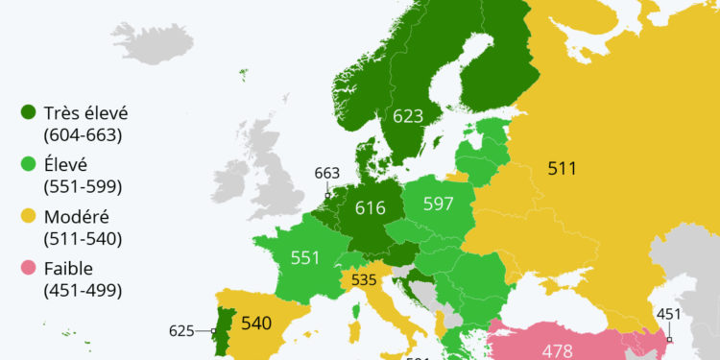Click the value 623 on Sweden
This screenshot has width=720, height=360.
coord(408,117)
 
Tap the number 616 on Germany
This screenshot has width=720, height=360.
coord(370,207)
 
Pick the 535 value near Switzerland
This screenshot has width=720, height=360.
coord(364,281)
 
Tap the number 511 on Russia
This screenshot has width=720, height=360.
coord(562,169)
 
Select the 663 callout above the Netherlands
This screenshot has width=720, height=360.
coord(327,173)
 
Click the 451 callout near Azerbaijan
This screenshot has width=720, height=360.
coord(669,314)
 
